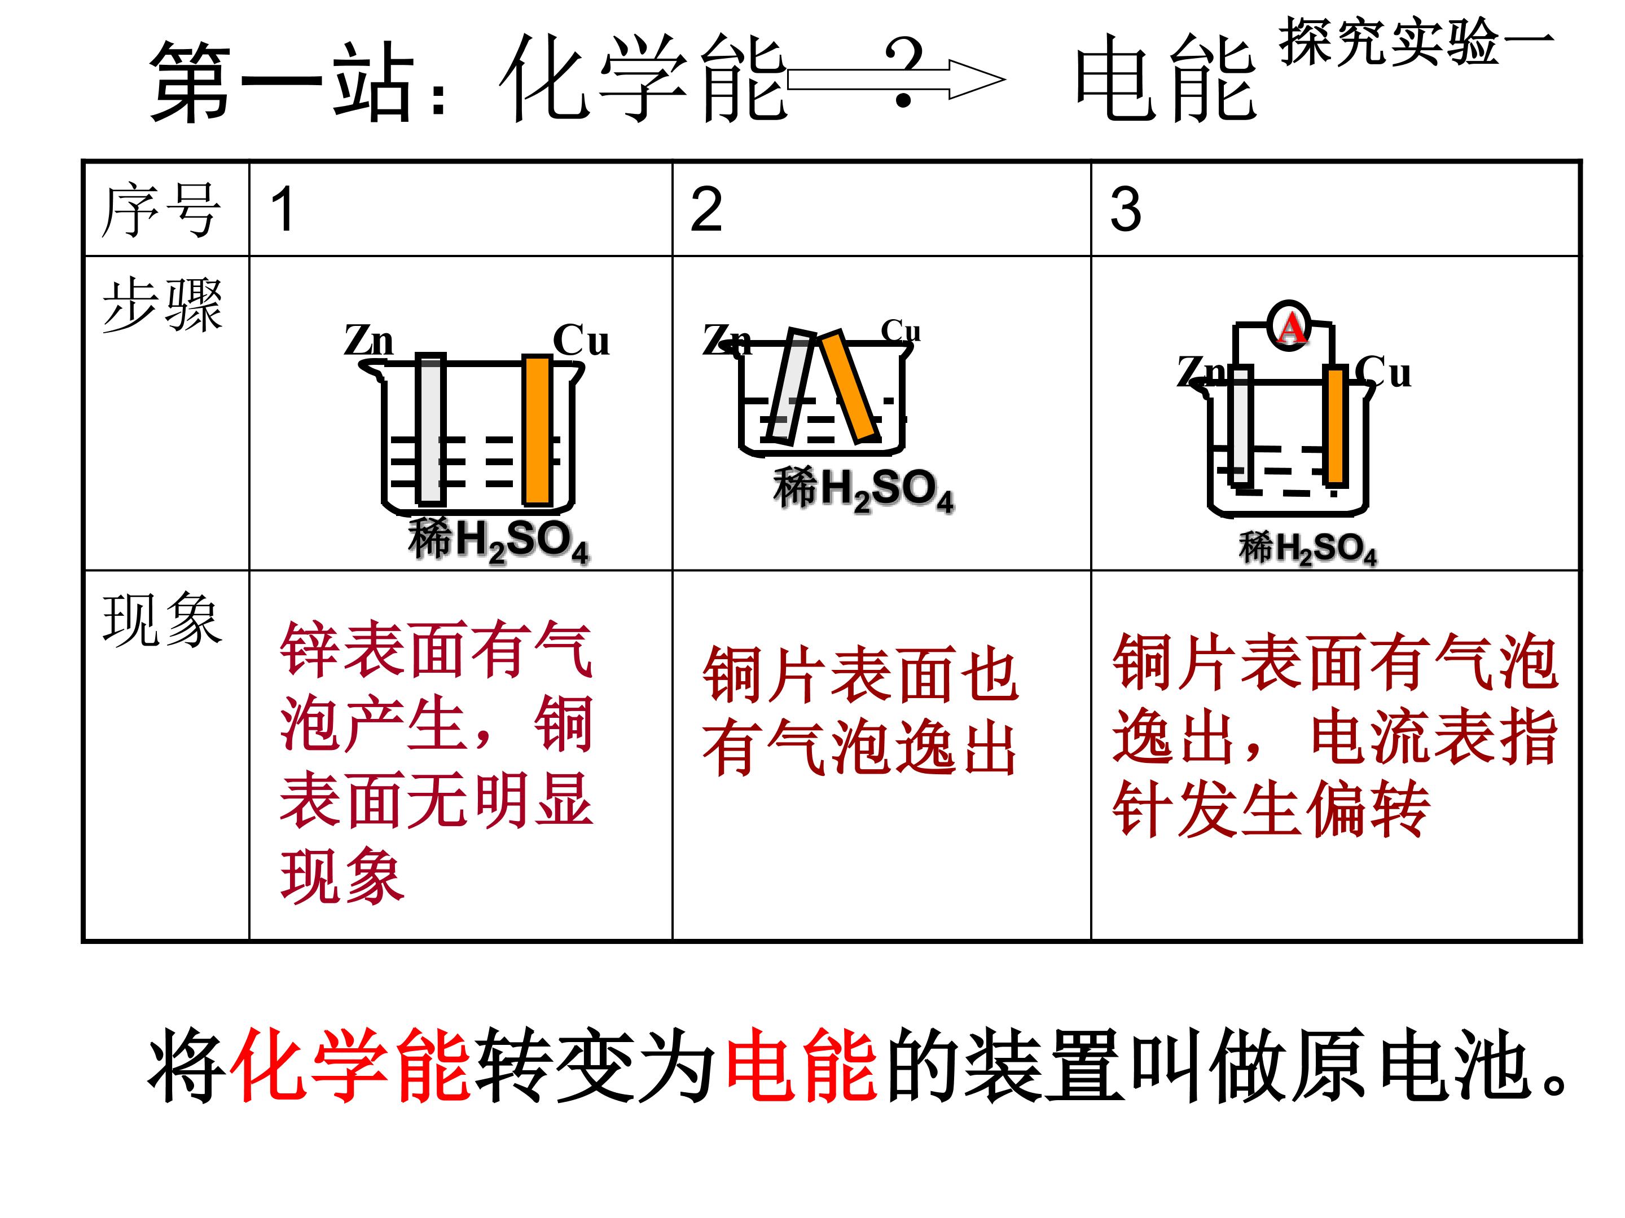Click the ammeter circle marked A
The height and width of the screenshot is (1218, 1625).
coord(1289,326)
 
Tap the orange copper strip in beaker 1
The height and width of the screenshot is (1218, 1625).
coord(538,430)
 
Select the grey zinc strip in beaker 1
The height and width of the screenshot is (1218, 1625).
coord(431,430)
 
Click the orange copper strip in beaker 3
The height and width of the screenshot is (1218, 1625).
coord(1336,426)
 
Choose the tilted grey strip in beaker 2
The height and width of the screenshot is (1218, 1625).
coord(790,387)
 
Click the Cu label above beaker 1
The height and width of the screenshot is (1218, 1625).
coord(581,340)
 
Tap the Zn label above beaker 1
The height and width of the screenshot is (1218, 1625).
coord(369,340)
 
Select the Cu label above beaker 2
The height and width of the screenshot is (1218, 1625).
coord(901,331)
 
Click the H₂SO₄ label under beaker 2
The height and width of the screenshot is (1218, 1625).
coord(863,489)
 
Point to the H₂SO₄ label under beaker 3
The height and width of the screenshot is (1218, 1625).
coord(1308,548)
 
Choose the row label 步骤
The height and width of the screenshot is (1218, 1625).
coord(162,306)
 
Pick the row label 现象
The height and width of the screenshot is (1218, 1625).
coord(162,620)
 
